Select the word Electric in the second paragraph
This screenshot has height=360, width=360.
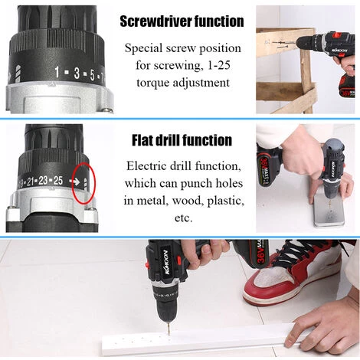point(152,166)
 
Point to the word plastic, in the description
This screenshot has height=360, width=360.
point(223,200)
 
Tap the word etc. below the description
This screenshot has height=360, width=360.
point(183,217)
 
